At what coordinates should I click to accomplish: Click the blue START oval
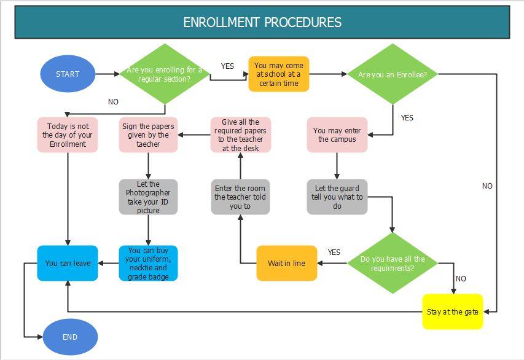[68, 74]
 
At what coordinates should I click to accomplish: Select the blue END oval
[70, 337]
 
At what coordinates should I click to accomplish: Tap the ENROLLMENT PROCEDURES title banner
[262, 23]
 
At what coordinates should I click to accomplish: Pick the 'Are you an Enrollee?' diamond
[393, 74]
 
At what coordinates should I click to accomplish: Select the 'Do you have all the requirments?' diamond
[393, 263]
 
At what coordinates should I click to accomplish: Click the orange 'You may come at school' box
[278, 74]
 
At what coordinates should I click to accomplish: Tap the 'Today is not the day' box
[68, 135]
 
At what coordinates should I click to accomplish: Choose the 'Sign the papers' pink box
[148, 135]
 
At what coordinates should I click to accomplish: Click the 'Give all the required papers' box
[240, 135]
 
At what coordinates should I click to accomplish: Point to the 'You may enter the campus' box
[337, 135]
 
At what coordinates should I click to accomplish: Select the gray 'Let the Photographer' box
[148, 197]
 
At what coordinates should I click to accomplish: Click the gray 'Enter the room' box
[240, 197]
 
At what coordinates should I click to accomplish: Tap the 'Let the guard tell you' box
[337, 197]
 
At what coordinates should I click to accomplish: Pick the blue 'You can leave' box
[68, 263]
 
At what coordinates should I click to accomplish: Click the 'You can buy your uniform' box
[148, 263]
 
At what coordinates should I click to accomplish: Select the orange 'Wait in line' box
[286, 263]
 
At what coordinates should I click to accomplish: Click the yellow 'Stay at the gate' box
[453, 311]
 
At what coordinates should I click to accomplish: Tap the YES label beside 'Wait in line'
[334, 252]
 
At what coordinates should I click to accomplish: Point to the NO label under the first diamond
[113, 102]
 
